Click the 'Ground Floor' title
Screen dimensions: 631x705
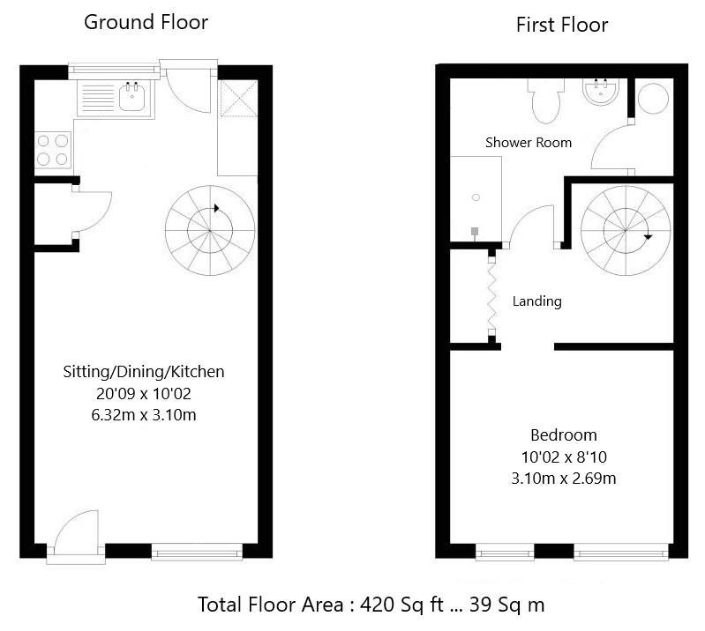point(146,22)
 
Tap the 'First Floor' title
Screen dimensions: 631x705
point(562,25)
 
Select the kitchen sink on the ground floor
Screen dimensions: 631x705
point(132,96)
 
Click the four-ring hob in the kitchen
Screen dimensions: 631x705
point(52,149)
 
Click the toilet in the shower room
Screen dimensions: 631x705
point(544,101)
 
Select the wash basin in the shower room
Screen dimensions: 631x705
point(602,92)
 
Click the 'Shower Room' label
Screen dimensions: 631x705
point(529,142)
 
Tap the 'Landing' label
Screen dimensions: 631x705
point(536,301)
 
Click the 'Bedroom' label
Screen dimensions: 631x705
point(563,435)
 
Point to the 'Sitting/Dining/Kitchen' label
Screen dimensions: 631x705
point(143,372)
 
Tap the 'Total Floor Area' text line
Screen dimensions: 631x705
point(371,605)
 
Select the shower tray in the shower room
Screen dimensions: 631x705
point(476,199)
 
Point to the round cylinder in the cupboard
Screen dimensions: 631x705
point(655,99)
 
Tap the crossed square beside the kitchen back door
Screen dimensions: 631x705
point(236,100)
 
